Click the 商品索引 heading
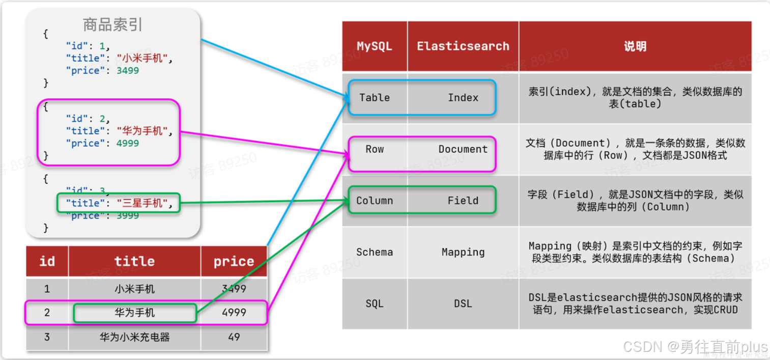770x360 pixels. [x=113, y=24]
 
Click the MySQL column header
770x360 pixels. [x=375, y=46]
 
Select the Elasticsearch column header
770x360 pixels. [x=463, y=46]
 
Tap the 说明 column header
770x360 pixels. [x=635, y=46]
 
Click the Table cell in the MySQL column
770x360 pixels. [x=375, y=98]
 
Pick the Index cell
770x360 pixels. [x=463, y=98]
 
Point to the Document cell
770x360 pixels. [x=463, y=149]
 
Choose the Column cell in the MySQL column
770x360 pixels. [x=375, y=201]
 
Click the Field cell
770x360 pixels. [x=463, y=201]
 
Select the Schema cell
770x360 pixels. [x=375, y=252]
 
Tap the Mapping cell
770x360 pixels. [x=463, y=252]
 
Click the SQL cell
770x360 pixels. [x=375, y=303]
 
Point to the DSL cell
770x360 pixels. [x=463, y=303]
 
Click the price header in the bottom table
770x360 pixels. [x=234, y=261]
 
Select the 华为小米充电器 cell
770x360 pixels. [x=134, y=337]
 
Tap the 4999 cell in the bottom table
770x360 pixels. [x=234, y=313]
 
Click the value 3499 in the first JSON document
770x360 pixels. [x=127, y=71]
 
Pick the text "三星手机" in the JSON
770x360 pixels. [x=142, y=203]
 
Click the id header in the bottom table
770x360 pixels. [x=47, y=261]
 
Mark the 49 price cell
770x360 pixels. [x=234, y=337]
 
